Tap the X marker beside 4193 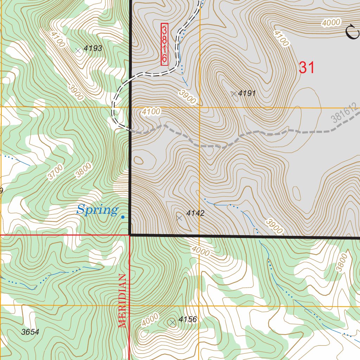coord(78,51)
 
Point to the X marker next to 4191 coord(234,94)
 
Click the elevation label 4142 coord(195,213)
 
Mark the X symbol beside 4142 coord(179,218)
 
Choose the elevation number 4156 coord(188,320)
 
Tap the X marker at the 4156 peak coord(172,322)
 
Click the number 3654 coord(30,332)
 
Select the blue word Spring coord(97,210)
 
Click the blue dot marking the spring coord(123,217)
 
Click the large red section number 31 coord(307,67)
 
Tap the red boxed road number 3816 coord(164,44)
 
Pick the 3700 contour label coord(55,172)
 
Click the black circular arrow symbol coord(352,32)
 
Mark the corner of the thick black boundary coord(130,234)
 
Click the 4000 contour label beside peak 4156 coord(150,320)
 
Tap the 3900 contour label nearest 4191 coord(187,96)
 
